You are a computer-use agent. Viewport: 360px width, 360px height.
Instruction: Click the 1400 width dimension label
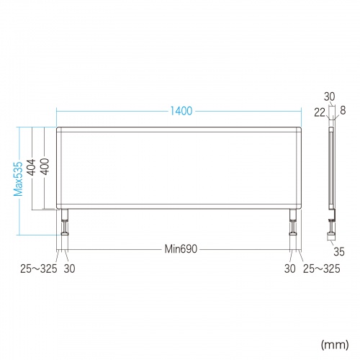tap(181, 112)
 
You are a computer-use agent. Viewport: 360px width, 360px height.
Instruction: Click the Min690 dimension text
tap(180, 249)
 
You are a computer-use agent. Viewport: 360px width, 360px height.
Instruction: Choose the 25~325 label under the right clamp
tap(322, 269)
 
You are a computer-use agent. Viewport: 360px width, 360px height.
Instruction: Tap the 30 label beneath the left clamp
tap(70, 269)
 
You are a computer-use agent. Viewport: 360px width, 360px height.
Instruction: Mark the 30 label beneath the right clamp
tap(289, 269)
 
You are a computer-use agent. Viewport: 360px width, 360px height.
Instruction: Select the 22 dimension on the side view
tap(318, 111)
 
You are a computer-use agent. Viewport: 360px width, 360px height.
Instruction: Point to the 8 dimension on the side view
tap(342, 111)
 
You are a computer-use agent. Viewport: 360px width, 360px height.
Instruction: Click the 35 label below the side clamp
tap(339, 251)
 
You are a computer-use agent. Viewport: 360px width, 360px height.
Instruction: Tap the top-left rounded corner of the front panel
tap(59, 130)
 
